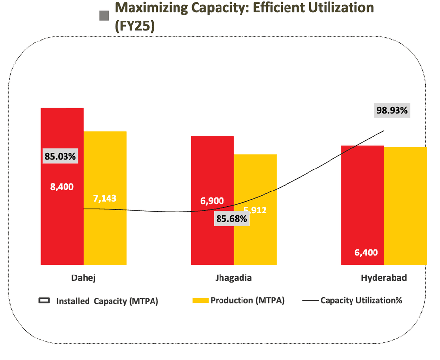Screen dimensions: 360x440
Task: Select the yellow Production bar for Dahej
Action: (105, 234)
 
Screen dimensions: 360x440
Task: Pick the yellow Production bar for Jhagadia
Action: (255, 239)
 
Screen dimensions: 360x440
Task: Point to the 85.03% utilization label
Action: (60, 157)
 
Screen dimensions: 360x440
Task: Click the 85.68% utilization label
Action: (231, 219)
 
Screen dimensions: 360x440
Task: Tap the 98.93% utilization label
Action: (392, 110)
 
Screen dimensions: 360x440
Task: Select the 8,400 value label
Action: (62, 186)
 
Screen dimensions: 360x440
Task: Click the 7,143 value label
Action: (104, 199)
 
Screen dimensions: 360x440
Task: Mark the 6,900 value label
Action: (212, 201)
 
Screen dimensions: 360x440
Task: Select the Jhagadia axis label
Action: (234, 278)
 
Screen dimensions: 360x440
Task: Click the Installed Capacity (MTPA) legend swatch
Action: (44, 301)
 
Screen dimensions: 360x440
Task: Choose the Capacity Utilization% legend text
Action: (361, 300)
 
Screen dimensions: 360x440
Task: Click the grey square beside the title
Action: (104, 16)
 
